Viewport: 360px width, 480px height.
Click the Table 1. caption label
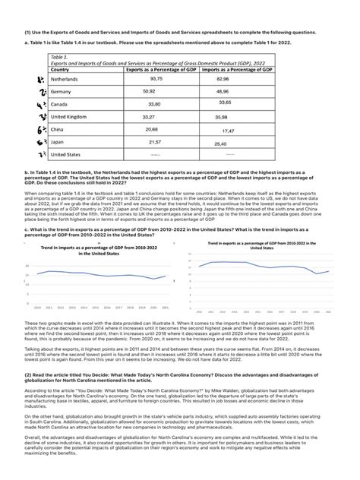(58, 57)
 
